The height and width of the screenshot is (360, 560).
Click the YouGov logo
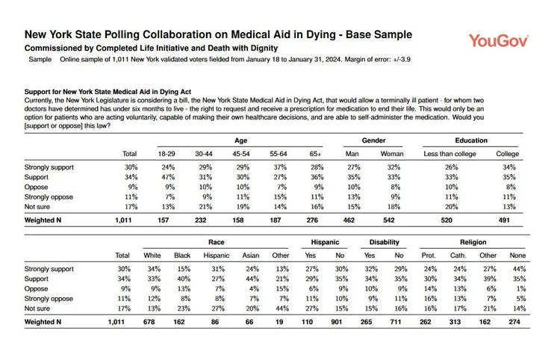point(499,41)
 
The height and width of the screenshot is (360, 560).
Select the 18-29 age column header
point(167,154)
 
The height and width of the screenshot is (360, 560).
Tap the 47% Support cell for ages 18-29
point(168,177)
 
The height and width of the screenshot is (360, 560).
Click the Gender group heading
point(373,140)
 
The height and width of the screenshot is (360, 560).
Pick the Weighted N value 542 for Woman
point(389,220)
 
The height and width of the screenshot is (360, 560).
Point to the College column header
point(507,154)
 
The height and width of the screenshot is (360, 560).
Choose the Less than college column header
point(449,154)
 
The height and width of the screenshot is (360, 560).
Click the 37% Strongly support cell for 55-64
point(280,167)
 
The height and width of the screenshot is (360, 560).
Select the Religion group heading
point(473,242)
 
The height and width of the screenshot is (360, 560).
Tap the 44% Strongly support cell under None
point(519,269)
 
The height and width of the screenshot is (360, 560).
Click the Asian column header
point(251,255)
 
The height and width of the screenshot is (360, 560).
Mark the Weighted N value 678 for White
point(149,322)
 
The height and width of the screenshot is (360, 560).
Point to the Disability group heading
point(385,242)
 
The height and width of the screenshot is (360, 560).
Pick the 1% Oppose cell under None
point(521,289)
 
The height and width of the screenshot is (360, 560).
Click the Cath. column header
point(458,255)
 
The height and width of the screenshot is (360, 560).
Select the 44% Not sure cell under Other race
point(282,308)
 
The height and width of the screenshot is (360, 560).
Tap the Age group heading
point(240,140)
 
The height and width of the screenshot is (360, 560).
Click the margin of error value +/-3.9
point(402,59)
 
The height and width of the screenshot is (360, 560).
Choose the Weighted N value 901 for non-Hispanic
point(337,322)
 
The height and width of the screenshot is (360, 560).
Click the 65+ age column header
point(315,154)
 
